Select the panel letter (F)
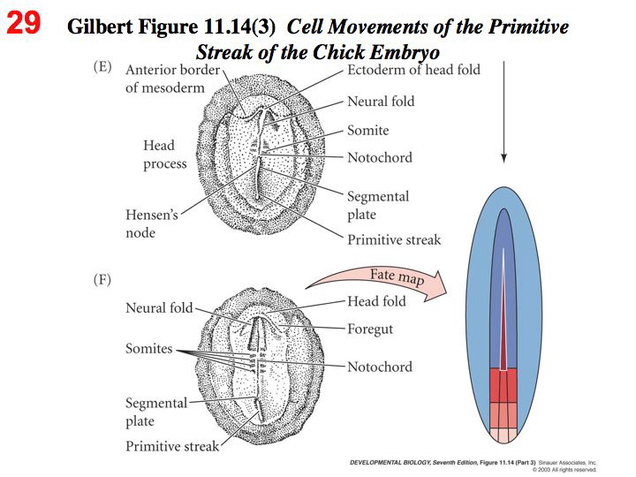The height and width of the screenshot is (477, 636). point(103,280)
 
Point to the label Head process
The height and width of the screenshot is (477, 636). point(165,154)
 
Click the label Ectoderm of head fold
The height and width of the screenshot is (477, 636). point(413,70)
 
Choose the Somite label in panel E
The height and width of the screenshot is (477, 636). point(367,131)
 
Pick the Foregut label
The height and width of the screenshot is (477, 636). point(370,329)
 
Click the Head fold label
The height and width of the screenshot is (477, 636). point(376,301)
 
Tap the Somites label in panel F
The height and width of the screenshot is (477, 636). point(148,349)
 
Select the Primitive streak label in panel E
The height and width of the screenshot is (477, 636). point(393,239)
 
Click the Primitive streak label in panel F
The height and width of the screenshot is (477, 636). point(171,446)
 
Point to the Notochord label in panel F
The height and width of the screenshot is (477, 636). point(379,367)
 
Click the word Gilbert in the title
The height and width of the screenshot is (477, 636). point(102,27)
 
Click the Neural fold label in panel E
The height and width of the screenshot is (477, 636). point(381,102)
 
